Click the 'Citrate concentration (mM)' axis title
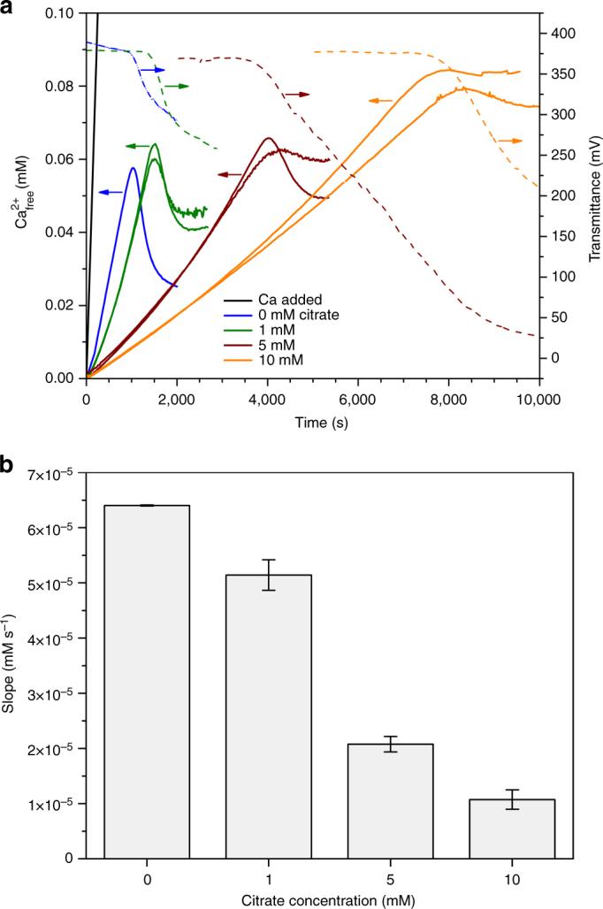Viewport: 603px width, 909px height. coord(329,899)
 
